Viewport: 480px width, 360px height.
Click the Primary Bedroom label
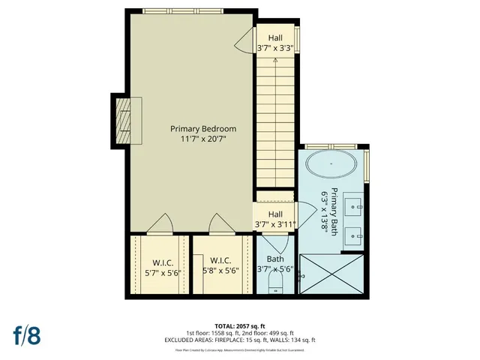(202, 128)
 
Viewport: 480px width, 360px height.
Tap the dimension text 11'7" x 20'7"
(202, 139)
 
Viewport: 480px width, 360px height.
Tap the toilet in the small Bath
(274, 283)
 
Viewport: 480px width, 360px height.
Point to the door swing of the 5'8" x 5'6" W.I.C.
(217, 224)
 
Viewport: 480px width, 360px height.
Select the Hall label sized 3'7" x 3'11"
(274, 214)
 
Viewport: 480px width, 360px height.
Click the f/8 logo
(26, 334)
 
